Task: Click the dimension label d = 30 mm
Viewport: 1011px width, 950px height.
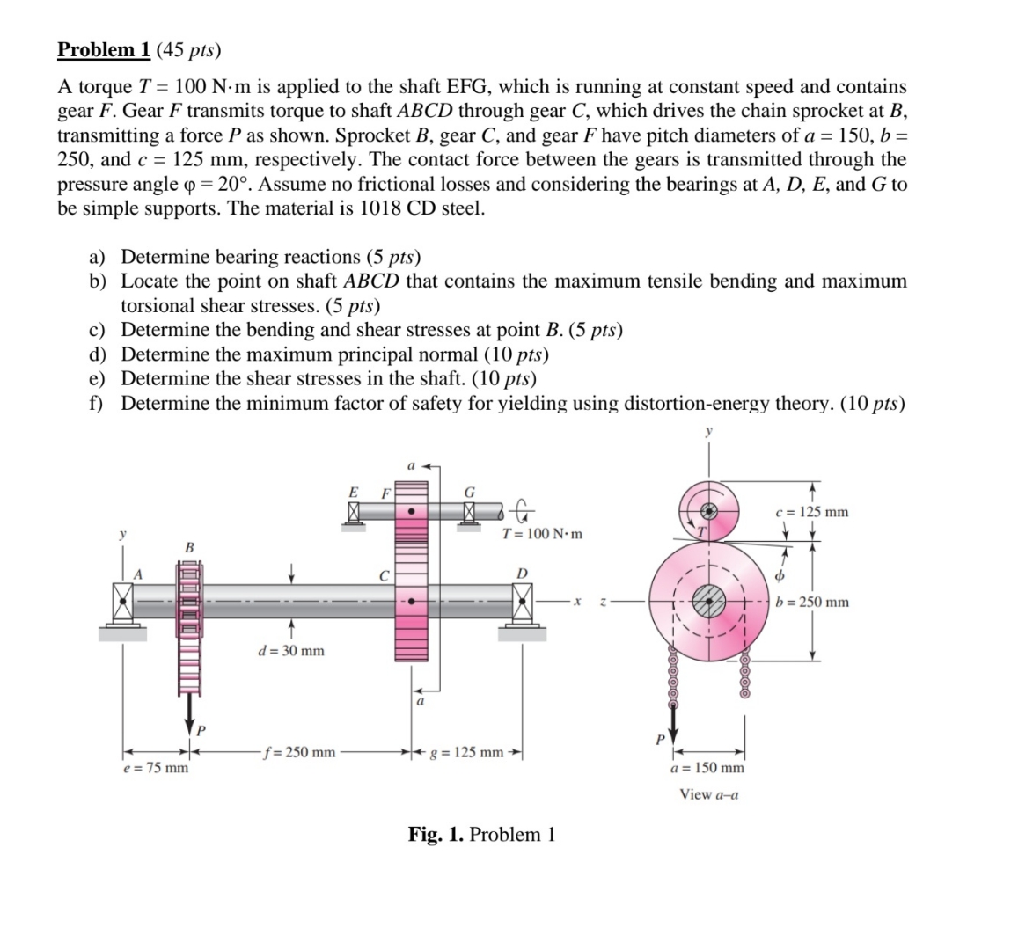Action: tap(290, 651)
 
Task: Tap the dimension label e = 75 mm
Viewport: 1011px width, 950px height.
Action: tap(155, 768)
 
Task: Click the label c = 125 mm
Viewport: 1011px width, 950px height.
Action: tap(811, 512)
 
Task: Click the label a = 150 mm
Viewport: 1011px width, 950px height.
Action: tap(707, 768)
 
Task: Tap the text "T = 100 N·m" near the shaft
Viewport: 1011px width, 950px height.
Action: tap(542, 534)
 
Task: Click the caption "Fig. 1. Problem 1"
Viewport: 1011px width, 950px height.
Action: tap(481, 834)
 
